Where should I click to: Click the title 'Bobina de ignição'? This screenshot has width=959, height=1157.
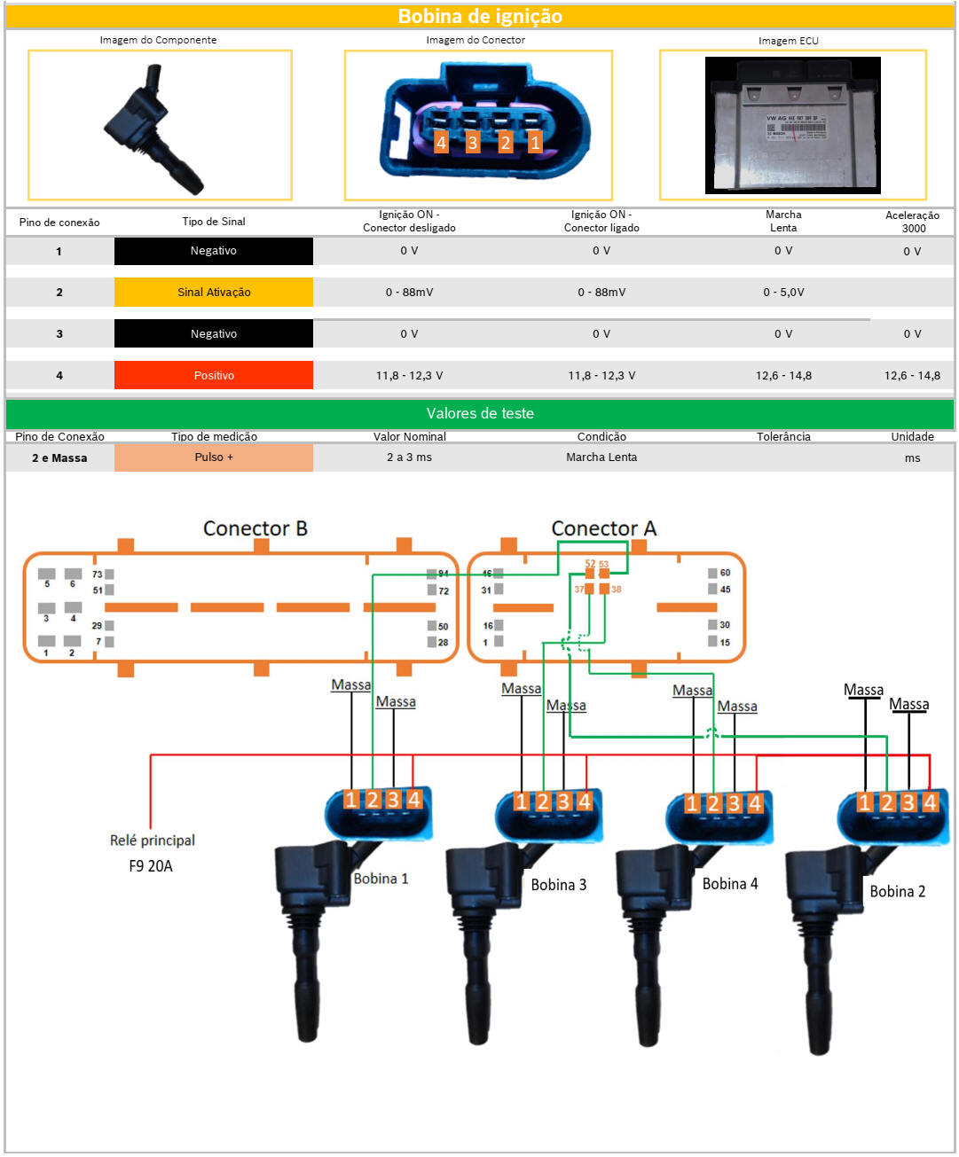coord(480,16)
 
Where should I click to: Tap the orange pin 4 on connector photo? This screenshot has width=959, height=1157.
coord(441,142)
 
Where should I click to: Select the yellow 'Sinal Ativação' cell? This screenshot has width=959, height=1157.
coord(214,292)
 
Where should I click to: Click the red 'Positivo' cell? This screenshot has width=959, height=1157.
coord(214,375)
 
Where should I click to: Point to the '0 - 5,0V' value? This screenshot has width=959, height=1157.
coord(783,292)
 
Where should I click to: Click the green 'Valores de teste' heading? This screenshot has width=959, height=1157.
coord(480,413)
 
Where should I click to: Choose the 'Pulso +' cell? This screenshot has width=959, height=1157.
coord(214,457)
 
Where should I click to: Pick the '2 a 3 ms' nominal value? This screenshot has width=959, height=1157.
coord(409,457)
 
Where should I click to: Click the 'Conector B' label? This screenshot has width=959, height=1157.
coord(255,528)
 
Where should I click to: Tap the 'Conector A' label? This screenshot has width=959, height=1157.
coord(603,528)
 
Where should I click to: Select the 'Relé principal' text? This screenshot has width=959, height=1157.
coord(153,840)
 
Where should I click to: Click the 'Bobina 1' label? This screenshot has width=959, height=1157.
coord(381,879)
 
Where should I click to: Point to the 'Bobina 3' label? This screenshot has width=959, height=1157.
coord(558,885)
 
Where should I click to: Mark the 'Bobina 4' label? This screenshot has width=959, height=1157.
coord(730,884)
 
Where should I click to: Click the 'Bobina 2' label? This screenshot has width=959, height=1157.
coord(897,892)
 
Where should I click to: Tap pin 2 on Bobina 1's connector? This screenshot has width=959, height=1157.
coord(373,800)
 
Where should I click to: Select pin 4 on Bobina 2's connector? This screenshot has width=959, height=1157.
coord(930,802)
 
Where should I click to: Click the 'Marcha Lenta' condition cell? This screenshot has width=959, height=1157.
coord(601,457)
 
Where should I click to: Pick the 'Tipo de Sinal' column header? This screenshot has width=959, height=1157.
coord(214,222)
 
